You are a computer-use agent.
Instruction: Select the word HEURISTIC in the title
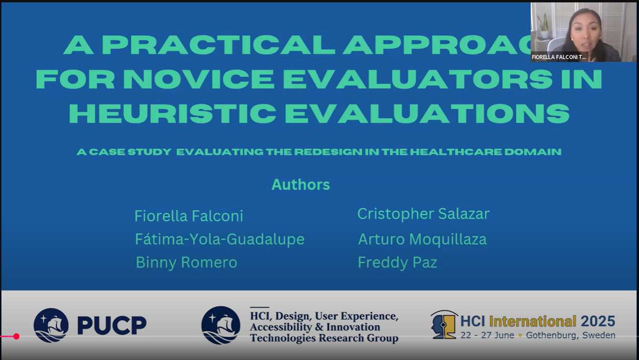pyautogui.click(x=172, y=113)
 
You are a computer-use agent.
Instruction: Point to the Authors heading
pyautogui.click(x=301, y=185)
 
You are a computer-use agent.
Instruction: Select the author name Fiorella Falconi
pyautogui.click(x=189, y=216)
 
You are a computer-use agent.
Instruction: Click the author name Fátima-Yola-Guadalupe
pyautogui.click(x=220, y=239)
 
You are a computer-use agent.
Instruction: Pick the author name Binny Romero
pyautogui.click(x=186, y=262)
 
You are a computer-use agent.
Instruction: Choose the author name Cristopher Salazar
pyautogui.click(x=423, y=214)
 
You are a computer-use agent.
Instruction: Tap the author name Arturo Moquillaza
pyautogui.click(x=422, y=239)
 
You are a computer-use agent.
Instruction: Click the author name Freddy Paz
pyautogui.click(x=397, y=262)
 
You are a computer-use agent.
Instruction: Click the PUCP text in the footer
pyautogui.click(x=112, y=325)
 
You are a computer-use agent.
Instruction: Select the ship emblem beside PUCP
pyautogui.click(x=51, y=325)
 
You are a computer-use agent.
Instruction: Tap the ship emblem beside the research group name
pyautogui.click(x=221, y=325)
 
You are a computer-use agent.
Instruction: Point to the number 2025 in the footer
pyautogui.click(x=598, y=321)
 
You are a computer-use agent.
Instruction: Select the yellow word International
pyautogui.click(x=533, y=321)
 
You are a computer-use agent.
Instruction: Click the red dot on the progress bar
pyautogui.click(x=16, y=337)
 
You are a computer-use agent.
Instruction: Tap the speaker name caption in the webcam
pyautogui.click(x=559, y=57)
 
